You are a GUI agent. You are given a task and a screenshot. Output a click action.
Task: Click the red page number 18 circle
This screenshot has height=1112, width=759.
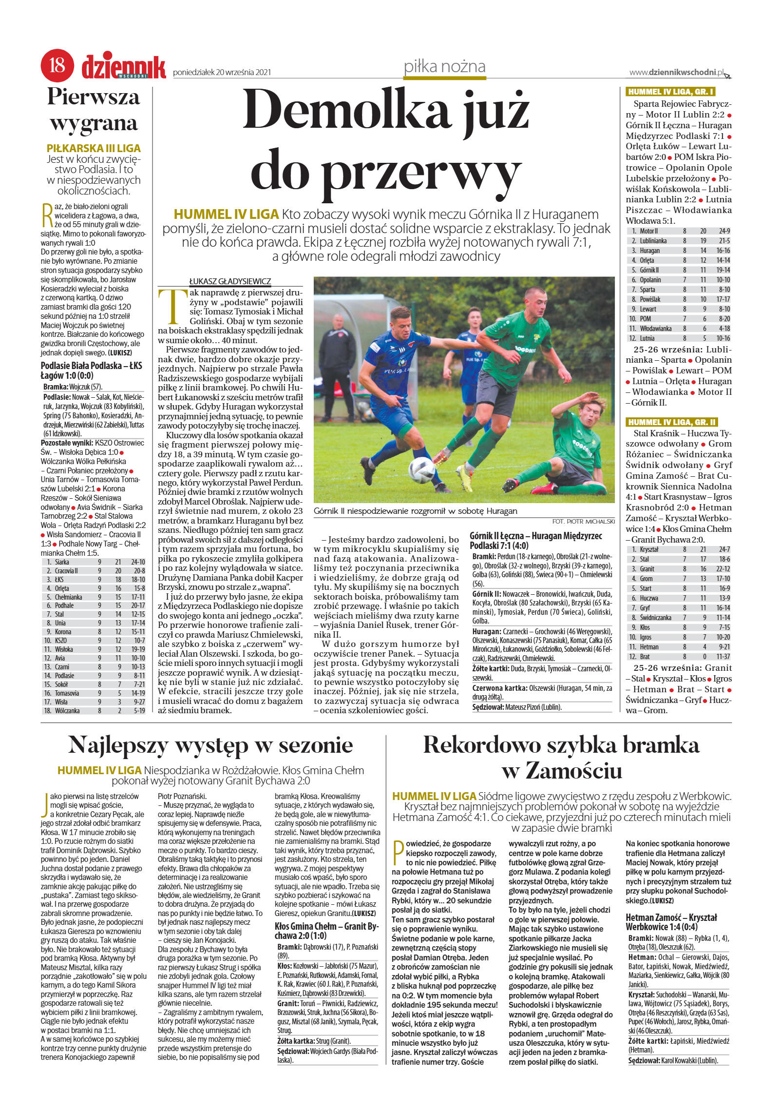[x=57, y=65]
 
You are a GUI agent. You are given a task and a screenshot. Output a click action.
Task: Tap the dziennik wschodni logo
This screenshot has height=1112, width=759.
[x=123, y=67]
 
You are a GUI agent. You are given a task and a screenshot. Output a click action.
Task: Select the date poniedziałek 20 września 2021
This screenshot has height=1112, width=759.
[x=222, y=73]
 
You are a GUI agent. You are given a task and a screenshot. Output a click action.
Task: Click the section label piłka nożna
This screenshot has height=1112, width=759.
[x=444, y=66]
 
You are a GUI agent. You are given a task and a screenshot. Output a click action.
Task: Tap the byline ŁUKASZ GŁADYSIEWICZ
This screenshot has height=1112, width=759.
[x=230, y=281]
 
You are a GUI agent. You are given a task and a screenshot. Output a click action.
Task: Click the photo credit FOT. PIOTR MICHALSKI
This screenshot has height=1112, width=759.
[x=583, y=521]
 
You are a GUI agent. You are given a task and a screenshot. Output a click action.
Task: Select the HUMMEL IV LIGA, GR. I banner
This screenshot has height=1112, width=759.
[x=670, y=92]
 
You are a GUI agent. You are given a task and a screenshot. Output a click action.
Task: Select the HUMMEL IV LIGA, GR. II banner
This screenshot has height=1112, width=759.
[x=671, y=422]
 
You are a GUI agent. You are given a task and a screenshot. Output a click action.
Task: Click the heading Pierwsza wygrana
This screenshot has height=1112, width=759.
[x=94, y=110]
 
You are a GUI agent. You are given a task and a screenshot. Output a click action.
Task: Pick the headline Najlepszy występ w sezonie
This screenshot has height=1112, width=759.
[x=210, y=744]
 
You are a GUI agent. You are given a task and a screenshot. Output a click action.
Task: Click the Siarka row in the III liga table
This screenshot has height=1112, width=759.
[x=93, y=562]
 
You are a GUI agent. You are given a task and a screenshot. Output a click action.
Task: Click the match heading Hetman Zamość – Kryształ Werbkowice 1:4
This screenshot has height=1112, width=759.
[x=671, y=922]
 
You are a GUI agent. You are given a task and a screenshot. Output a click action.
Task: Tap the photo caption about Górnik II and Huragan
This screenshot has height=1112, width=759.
[x=415, y=511]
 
